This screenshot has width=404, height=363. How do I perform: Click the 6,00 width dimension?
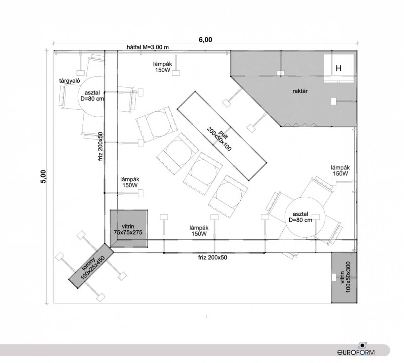(205, 40)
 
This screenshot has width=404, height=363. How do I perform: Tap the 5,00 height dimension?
(43, 176)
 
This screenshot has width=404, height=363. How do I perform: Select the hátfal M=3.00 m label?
(148, 47)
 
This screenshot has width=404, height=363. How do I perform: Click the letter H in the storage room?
(338, 69)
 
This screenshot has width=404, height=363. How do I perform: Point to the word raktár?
(300, 91)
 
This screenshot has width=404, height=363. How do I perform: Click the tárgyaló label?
(70, 81)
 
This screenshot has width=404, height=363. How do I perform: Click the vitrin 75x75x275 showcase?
(129, 229)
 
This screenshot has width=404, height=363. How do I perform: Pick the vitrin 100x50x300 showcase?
(344, 278)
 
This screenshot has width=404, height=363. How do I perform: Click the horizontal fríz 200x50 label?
(212, 257)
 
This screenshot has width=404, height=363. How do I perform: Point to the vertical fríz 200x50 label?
(100, 147)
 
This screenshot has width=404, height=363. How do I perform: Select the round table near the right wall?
(305, 217)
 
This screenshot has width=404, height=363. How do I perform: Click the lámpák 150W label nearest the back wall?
(163, 67)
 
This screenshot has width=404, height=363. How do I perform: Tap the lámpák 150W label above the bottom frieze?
(199, 231)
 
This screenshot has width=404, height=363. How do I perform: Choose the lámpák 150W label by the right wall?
(340, 170)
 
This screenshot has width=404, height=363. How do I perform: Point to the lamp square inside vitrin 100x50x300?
(333, 277)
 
